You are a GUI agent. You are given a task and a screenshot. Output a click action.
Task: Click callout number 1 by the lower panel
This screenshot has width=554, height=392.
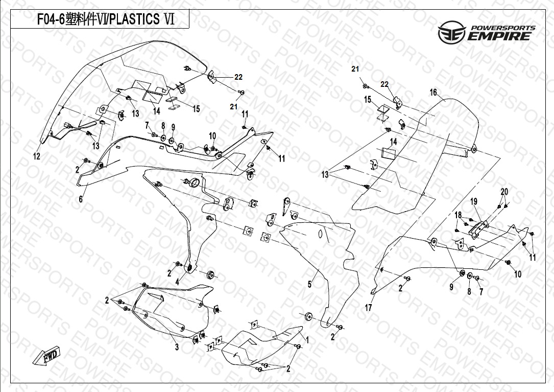pyautogui.click(x=307, y=339)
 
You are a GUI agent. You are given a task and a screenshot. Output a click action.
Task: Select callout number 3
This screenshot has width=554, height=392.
pyautogui.click(x=177, y=348)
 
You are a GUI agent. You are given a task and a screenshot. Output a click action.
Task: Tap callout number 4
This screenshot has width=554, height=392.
pyautogui.click(x=177, y=282)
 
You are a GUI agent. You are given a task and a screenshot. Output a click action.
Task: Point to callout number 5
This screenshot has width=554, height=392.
pyautogui.click(x=309, y=285)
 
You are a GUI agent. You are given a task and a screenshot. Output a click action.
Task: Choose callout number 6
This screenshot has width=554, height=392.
pyautogui.click(x=81, y=199)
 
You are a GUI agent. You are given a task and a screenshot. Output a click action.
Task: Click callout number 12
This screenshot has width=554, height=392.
pyautogui.click(x=37, y=156)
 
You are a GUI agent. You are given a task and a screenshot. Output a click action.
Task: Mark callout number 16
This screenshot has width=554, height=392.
pyautogui.click(x=433, y=93)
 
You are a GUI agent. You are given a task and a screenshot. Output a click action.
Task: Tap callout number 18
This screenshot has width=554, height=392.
pyautogui.click(x=458, y=215)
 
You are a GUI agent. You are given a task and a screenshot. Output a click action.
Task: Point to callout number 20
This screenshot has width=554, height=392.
pyautogui.click(x=504, y=192)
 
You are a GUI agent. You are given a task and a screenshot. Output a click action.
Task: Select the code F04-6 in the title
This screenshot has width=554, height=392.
pyautogui.click(x=50, y=20)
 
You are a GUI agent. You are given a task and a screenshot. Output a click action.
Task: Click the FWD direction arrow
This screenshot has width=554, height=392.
pyautogui.click(x=46, y=356)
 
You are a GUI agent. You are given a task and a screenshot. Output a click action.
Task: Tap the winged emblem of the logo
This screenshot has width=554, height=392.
pyautogui.click(x=451, y=34)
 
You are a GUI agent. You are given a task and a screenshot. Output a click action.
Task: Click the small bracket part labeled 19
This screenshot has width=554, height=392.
pyautogui.click(x=477, y=229)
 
